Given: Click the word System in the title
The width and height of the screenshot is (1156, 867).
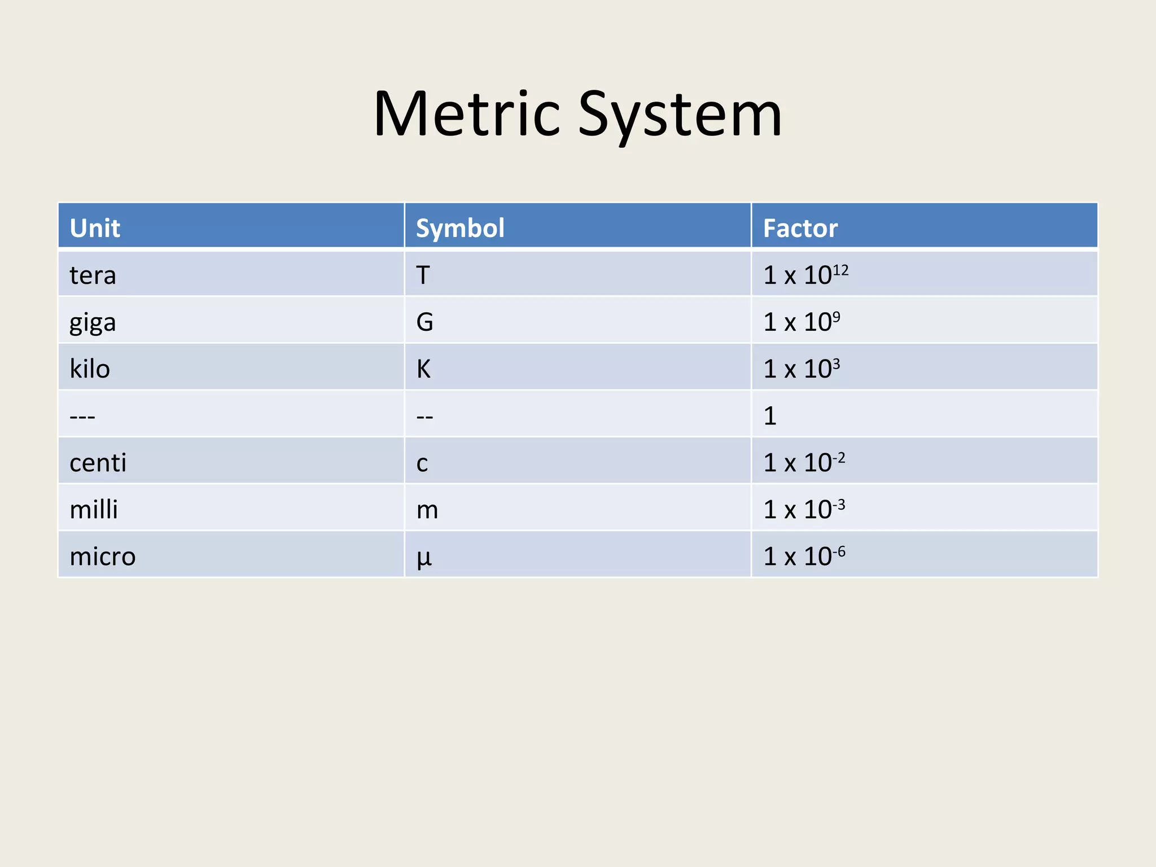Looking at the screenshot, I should [x=680, y=116].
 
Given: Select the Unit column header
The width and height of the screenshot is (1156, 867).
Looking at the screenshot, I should [x=95, y=228].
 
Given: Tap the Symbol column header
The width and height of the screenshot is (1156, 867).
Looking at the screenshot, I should [x=460, y=228].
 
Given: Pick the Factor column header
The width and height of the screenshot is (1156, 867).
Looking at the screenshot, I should [x=800, y=228].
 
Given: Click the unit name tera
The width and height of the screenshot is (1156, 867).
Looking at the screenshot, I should [x=93, y=275].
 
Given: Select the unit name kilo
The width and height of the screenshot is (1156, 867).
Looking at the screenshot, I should [x=90, y=369].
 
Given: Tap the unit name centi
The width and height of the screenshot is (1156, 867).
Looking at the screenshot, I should [x=98, y=463].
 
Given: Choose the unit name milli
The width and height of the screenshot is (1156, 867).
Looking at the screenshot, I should [x=94, y=510].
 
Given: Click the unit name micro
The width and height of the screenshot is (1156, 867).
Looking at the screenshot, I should [x=102, y=557].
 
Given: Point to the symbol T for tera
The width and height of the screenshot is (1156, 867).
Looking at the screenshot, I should [x=423, y=275].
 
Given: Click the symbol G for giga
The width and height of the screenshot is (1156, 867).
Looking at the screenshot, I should [x=424, y=322].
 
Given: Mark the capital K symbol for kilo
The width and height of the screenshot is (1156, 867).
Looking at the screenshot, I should [x=423, y=369].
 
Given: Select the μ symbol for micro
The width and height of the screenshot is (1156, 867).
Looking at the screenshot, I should [x=424, y=558].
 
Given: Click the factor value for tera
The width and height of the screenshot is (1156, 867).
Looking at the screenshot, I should [x=805, y=275].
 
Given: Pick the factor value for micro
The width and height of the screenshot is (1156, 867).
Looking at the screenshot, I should [x=804, y=556].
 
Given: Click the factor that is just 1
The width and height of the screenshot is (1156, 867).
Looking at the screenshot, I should [x=770, y=416].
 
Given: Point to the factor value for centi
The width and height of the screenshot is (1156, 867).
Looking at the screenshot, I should [x=804, y=462].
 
